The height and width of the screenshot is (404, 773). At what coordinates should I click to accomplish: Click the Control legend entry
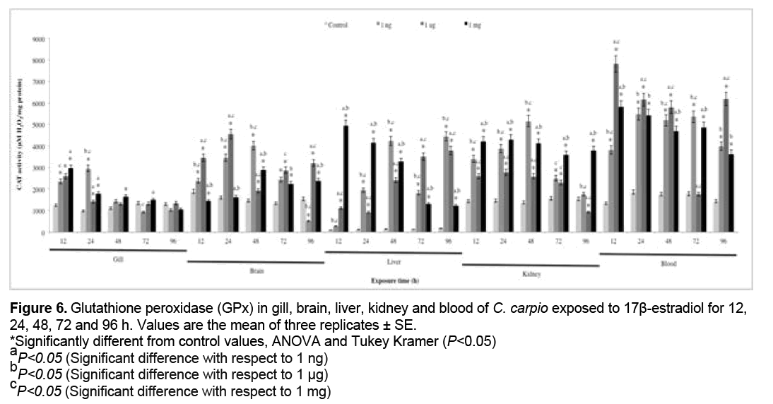click(338, 24)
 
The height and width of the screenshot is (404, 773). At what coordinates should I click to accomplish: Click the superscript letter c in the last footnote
click(13, 384)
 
